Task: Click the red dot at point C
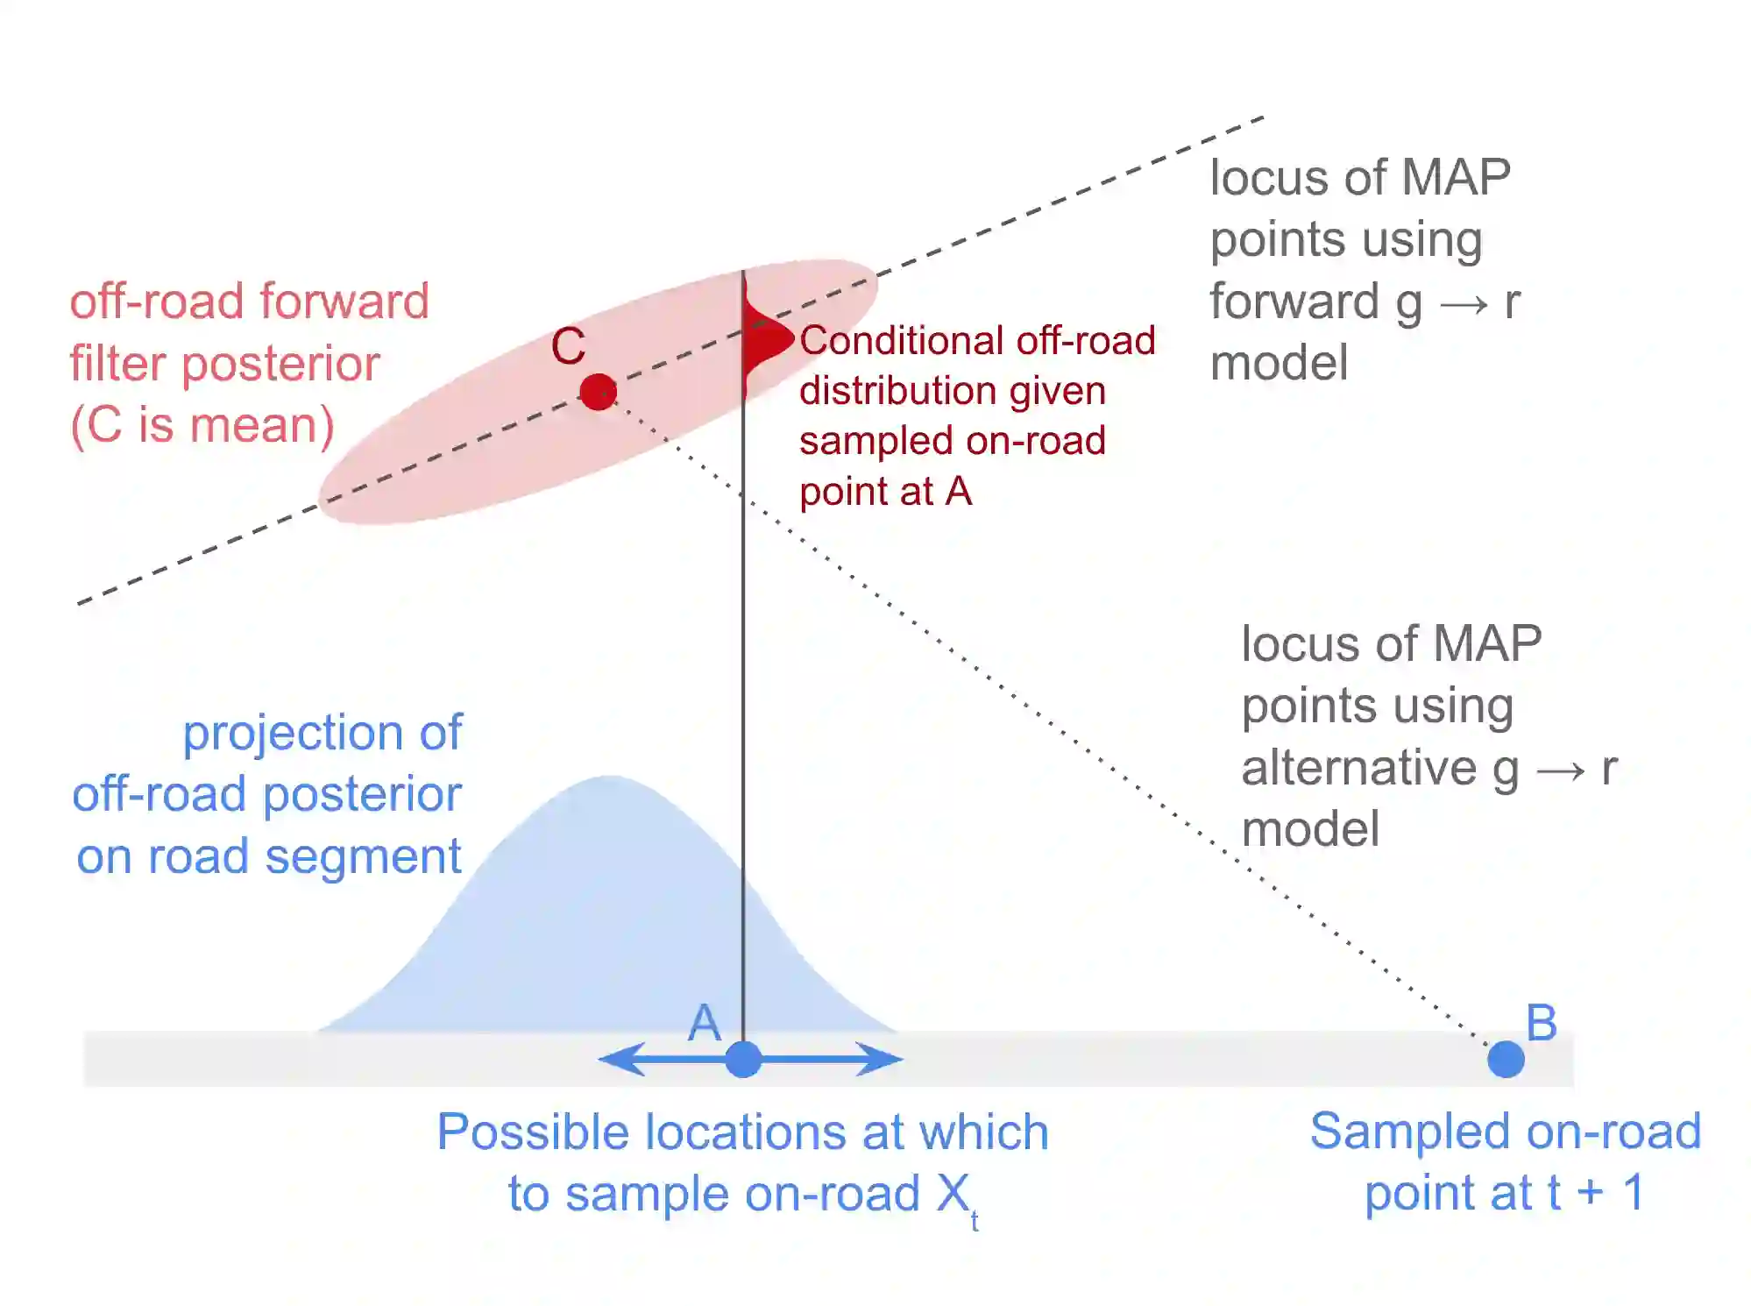click(599, 392)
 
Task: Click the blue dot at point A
click(743, 1060)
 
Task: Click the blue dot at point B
click(1506, 1060)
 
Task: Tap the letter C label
click(568, 346)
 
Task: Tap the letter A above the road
click(704, 1023)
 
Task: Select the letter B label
click(1542, 1022)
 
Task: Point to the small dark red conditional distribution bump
click(764, 338)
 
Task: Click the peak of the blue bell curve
click(608, 780)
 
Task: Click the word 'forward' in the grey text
click(1294, 302)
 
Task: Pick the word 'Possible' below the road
click(533, 1132)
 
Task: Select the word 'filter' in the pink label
click(118, 364)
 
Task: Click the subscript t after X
click(974, 1221)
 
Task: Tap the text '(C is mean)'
click(202, 426)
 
